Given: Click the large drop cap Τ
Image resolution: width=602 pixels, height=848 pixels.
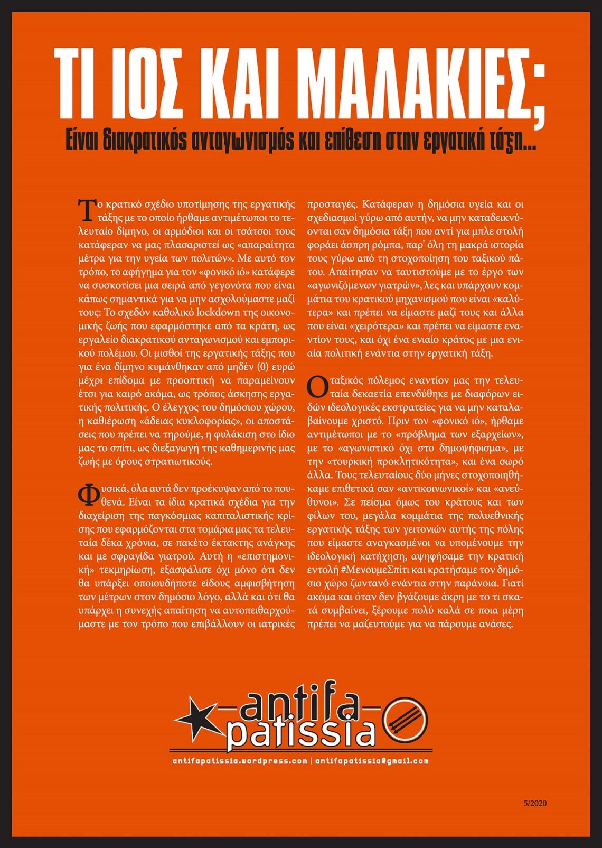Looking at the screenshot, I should pyautogui.click(x=86, y=210).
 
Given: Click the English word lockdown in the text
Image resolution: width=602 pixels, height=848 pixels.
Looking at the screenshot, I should pyautogui.click(x=218, y=312).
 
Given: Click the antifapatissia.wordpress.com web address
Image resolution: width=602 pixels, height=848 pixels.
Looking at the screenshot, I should pyautogui.click(x=240, y=761).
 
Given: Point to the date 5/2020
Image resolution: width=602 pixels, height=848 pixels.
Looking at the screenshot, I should pyautogui.click(x=535, y=804).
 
